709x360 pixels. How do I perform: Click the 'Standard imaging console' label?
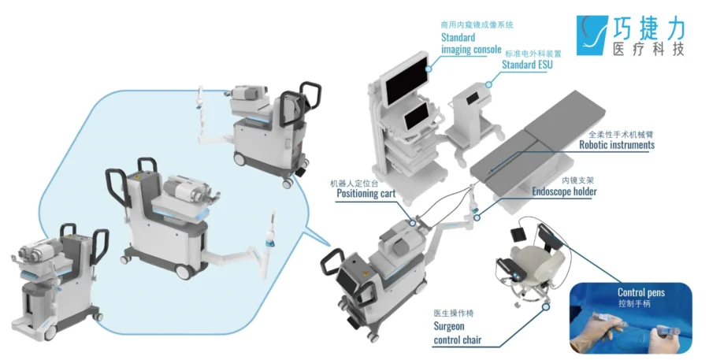(470, 43)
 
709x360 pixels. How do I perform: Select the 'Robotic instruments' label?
(616, 145)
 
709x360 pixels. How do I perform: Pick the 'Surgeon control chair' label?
(457, 333)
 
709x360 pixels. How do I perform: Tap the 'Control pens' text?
(640, 293)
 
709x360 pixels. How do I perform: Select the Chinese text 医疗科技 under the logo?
(648, 49)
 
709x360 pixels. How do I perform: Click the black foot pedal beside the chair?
(519, 233)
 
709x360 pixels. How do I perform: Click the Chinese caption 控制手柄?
(636, 303)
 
